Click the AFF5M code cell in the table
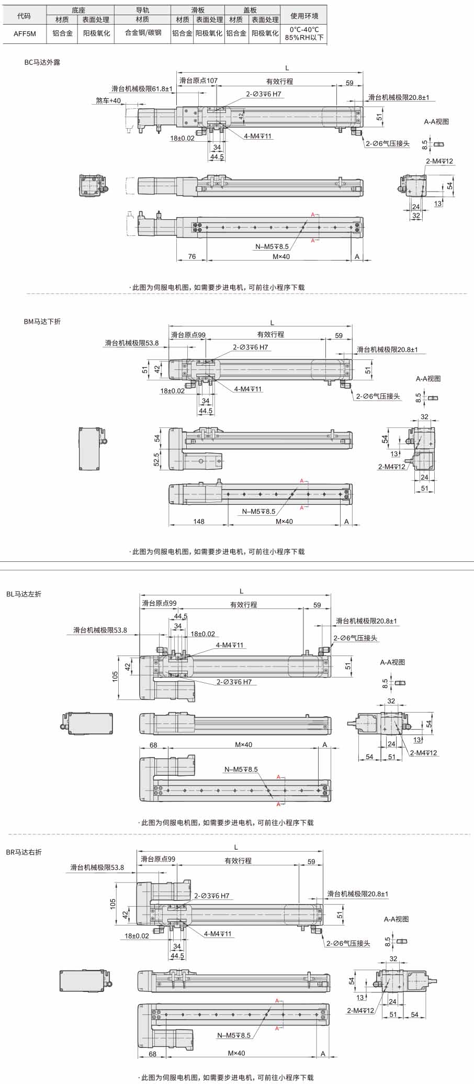pyautogui.click(x=24, y=33)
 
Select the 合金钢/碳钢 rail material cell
pyautogui.click(x=143, y=33)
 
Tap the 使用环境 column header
pyautogui.click(x=304, y=16)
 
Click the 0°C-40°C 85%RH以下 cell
pyautogui.click(x=304, y=33)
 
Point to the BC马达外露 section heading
pyautogui.click(x=42, y=62)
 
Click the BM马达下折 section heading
pyautogui.click(x=42, y=322)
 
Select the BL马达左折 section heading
pyautogui.click(x=24, y=594)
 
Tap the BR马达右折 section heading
pyautogui.click(x=24, y=852)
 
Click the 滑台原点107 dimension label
pyautogui.click(x=198, y=81)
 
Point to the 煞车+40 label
pyautogui.click(x=108, y=100)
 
